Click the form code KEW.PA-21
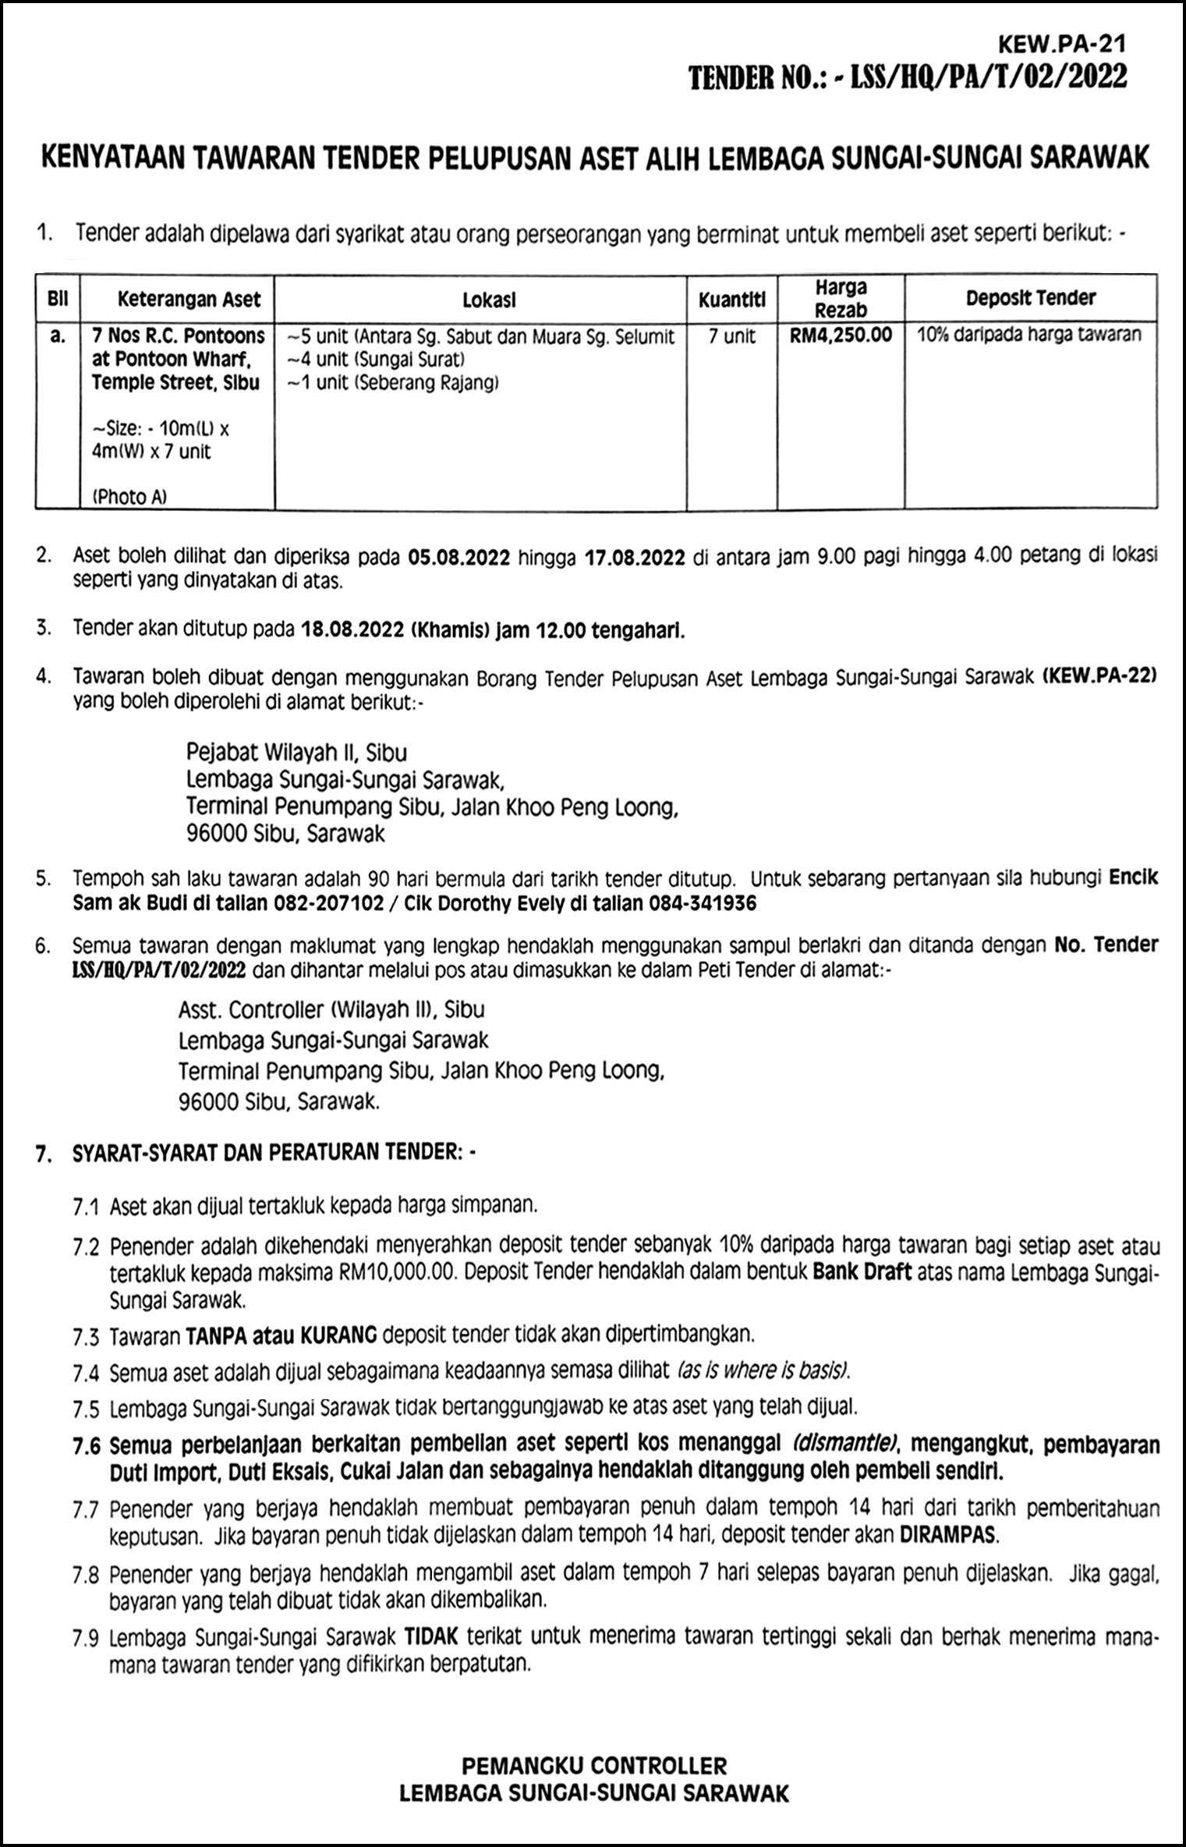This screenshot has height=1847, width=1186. (1074, 44)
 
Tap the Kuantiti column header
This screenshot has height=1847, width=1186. (731, 300)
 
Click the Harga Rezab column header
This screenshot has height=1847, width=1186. (841, 299)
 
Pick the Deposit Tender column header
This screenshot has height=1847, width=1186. (1030, 298)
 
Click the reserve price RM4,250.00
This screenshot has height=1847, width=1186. (841, 336)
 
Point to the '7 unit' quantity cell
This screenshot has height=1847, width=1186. (731, 336)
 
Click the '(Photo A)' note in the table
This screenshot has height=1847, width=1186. (129, 497)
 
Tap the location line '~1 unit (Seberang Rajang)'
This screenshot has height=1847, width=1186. (392, 383)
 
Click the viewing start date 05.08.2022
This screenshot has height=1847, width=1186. (458, 557)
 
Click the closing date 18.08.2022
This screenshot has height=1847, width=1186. (351, 629)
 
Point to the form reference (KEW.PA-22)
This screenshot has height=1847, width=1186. (1099, 677)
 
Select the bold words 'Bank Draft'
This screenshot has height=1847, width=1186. (861, 1272)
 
